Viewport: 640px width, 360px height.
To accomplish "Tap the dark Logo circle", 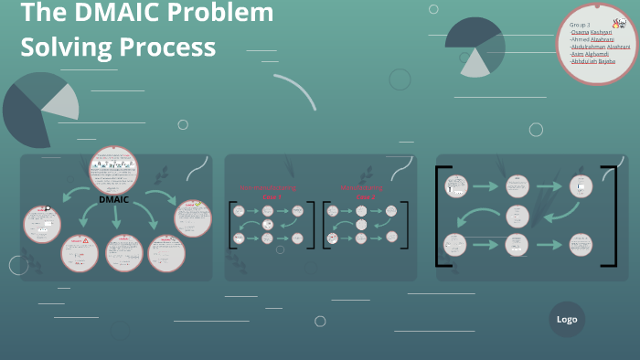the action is pyautogui.click(x=567, y=320).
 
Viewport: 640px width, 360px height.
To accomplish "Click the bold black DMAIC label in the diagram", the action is pyautogui.click(x=114, y=199).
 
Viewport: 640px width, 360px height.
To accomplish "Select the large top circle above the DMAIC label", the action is pyautogui.click(x=114, y=169).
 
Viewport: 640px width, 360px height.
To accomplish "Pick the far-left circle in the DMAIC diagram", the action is pyautogui.click(x=42, y=224).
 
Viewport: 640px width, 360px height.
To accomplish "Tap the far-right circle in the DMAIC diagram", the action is pyautogui.click(x=192, y=217).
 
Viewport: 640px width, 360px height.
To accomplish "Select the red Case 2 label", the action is pyautogui.click(x=365, y=196).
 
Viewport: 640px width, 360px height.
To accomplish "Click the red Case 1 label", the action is pyautogui.click(x=272, y=196).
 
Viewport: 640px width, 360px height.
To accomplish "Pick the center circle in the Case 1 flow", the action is pyautogui.click(x=268, y=224).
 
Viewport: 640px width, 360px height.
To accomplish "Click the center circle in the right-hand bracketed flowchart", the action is pyautogui.click(x=517, y=217).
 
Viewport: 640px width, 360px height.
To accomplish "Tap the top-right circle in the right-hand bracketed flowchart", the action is pyautogui.click(x=581, y=186).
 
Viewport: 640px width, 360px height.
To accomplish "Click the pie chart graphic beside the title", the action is pyautogui.click(x=475, y=47).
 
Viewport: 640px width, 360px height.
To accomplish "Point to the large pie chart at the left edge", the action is pyautogui.click(x=37, y=110).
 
